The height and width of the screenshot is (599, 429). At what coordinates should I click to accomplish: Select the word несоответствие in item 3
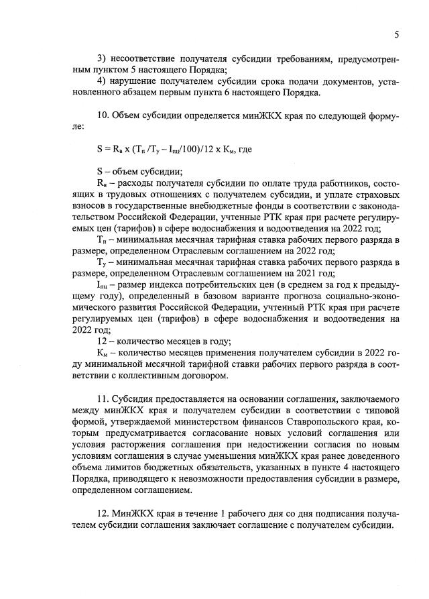click(143, 60)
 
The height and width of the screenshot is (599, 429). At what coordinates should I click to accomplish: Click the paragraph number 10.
click(103, 115)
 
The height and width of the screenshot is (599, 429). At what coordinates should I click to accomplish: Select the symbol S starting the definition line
click(100, 170)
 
